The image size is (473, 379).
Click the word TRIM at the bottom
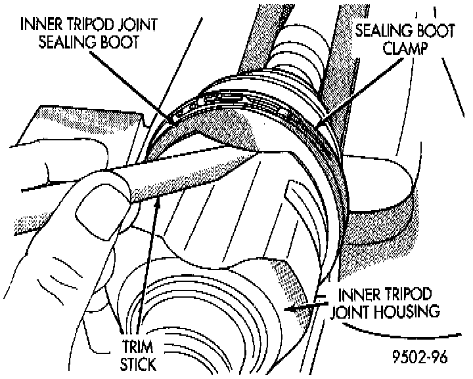[x=137, y=348]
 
